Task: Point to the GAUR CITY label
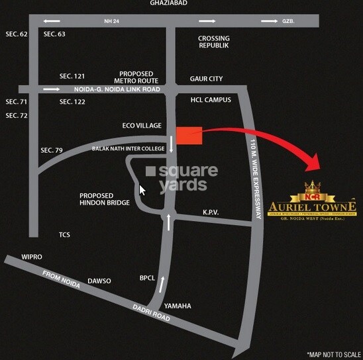(x=206, y=79)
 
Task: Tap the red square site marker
(x=188, y=134)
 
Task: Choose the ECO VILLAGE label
(x=142, y=124)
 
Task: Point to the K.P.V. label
(x=211, y=212)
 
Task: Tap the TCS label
(x=64, y=235)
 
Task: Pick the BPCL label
(x=147, y=278)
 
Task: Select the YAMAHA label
(x=178, y=306)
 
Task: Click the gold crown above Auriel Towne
(x=311, y=187)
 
